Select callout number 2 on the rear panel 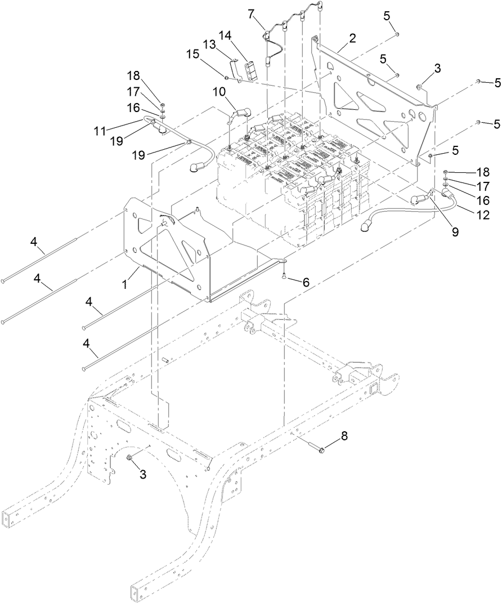pos(352,38)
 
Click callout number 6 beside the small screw pos(306,283)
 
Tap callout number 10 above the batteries pos(219,91)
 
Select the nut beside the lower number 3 pos(130,457)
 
